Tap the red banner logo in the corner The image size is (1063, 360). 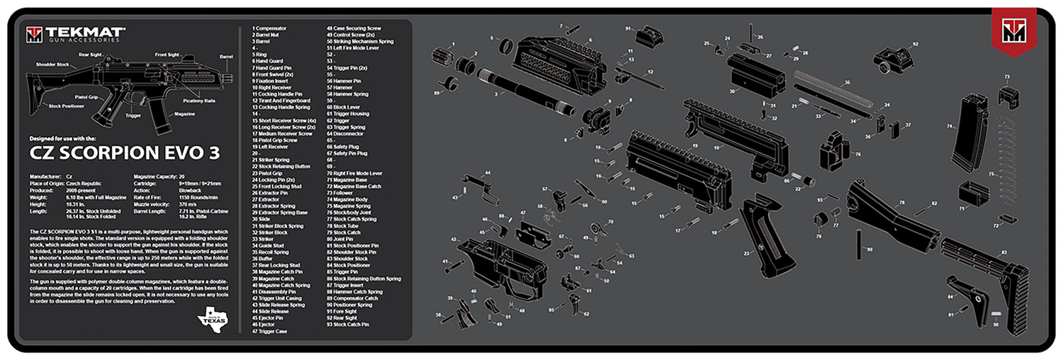1013,33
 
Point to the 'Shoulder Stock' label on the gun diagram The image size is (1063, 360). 54,64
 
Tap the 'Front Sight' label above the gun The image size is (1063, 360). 167,55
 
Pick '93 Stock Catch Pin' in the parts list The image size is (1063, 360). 348,324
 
